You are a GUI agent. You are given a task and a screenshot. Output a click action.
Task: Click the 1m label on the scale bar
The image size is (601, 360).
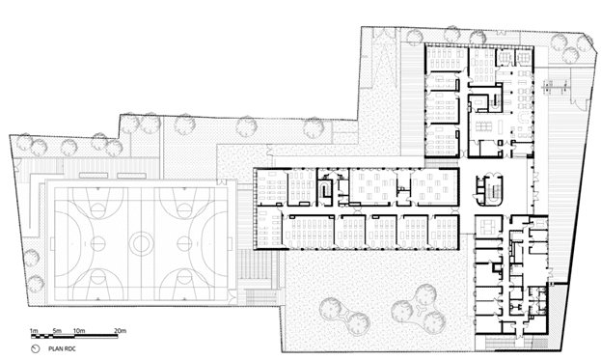click(33, 331)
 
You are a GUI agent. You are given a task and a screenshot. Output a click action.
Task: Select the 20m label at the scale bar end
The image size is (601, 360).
click(121, 331)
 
